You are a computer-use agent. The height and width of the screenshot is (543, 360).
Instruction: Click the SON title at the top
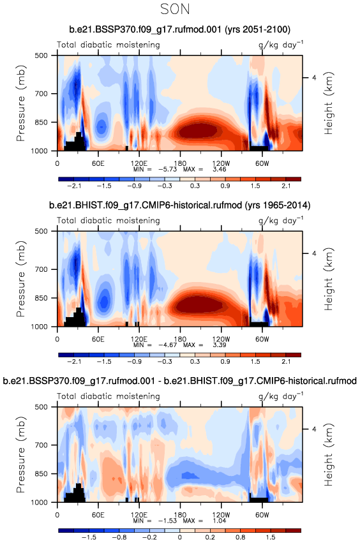pyautogui.click(x=175, y=9)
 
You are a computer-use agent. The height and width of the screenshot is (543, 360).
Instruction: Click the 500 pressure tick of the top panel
pyautogui.click(x=41, y=56)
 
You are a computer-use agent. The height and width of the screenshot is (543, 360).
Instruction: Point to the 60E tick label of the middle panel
pyautogui.click(x=98, y=339)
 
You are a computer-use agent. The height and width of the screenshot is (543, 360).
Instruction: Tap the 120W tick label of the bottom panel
pyautogui.click(x=221, y=514)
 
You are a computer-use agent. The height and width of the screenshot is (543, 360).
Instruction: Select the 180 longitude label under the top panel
pyautogui.click(x=180, y=163)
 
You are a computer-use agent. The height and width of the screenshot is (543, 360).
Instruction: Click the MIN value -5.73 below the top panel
pyautogui.click(x=168, y=169)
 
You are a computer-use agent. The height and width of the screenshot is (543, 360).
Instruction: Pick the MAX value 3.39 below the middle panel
pyautogui.click(x=220, y=345)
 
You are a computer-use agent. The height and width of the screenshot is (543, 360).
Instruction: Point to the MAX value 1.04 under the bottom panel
pyautogui.click(x=220, y=521)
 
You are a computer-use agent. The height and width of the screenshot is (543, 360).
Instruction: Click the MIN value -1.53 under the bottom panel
pyautogui.click(x=168, y=521)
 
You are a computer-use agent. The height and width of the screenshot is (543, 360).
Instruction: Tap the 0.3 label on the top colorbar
pyautogui.click(x=195, y=186)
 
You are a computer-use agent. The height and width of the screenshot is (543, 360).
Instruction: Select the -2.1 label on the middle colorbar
pyautogui.click(x=74, y=362)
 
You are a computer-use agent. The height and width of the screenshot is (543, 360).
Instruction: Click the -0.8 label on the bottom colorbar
pyautogui.click(x=119, y=537)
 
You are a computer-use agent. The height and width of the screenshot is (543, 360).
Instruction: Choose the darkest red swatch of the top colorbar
pyautogui.click(x=294, y=179)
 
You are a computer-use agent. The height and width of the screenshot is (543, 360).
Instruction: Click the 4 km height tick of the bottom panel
pyautogui.click(x=314, y=429)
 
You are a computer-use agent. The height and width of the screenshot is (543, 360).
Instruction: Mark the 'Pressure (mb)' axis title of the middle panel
pyautogui.click(x=21, y=279)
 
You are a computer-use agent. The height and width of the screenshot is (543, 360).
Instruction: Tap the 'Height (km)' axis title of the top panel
pyautogui.click(x=328, y=103)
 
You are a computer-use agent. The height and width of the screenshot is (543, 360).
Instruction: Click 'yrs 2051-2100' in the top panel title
pyautogui.click(x=258, y=29)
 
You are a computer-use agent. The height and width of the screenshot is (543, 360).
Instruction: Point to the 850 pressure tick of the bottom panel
pyautogui.click(x=41, y=473)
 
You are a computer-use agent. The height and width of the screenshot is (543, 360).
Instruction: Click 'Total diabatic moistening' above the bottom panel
pyautogui.click(x=109, y=396)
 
